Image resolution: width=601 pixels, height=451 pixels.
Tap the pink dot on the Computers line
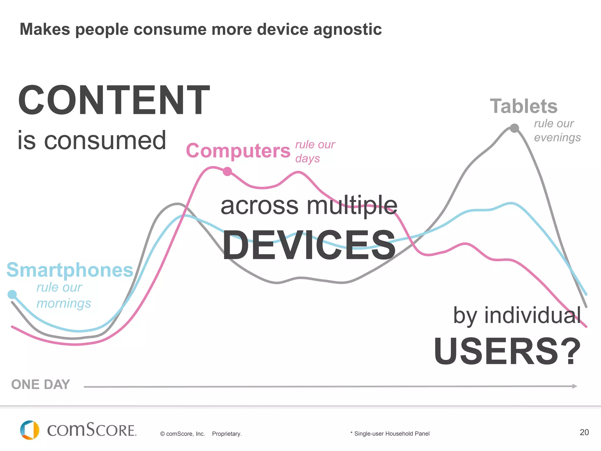pos(227,171)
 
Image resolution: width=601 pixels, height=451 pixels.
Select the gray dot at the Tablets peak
pos(514,128)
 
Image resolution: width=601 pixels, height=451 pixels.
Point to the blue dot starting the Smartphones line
pos(12,294)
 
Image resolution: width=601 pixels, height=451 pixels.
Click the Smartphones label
pos(70,270)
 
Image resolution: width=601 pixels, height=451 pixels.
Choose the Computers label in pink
pos(238,151)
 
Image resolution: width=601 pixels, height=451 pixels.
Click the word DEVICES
pos(309,245)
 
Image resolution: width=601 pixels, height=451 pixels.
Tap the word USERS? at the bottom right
pos(507,351)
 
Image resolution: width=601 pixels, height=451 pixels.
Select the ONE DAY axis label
pos(40,385)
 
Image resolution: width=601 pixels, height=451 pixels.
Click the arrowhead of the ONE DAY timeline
pos(575,386)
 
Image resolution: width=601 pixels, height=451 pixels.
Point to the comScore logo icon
pos(30,430)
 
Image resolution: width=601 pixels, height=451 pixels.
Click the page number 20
pos(584,432)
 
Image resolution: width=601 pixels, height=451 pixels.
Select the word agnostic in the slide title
pos(347,29)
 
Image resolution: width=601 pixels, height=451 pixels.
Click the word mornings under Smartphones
pos(64,303)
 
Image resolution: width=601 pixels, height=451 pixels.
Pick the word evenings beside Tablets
pos(557,137)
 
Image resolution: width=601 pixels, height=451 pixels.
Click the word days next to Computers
pos(308,159)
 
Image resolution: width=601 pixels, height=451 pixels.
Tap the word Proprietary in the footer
pos(227,434)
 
